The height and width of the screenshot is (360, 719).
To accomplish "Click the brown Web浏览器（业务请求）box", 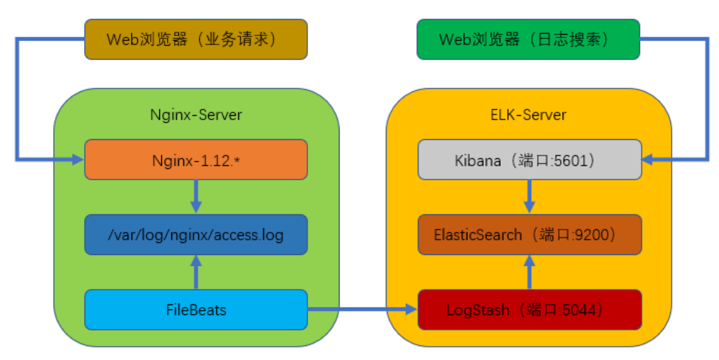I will tap(196, 39).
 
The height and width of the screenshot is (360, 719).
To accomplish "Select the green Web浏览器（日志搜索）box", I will tap(528, 39).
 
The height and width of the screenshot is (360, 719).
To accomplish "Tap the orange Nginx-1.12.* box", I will tap(196, 159).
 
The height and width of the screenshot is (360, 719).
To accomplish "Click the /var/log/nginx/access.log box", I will tap(196, 235).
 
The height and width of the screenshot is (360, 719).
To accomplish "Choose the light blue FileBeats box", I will tap(196, 310).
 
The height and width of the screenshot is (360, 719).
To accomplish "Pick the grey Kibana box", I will tap(529, 159).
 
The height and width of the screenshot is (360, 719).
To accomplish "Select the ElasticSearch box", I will tap(529, 235).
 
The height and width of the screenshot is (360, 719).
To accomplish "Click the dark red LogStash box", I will tap(529, 310).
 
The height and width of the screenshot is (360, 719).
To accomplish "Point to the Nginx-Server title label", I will tap(196, 115).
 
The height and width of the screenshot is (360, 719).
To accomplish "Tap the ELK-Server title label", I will tap(529, 115).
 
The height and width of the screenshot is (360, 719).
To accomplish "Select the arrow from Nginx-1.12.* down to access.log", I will tap(196, 197).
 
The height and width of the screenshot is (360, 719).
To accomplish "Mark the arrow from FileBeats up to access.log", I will tap(196, 273).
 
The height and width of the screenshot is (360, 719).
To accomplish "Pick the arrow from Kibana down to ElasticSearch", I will tap(529, 197).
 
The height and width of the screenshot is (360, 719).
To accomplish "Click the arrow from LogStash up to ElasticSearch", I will tap(529, 273).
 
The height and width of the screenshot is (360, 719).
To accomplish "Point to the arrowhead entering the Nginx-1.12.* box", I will tap(78, 159).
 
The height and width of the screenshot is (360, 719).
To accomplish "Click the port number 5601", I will tap(572, 160).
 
